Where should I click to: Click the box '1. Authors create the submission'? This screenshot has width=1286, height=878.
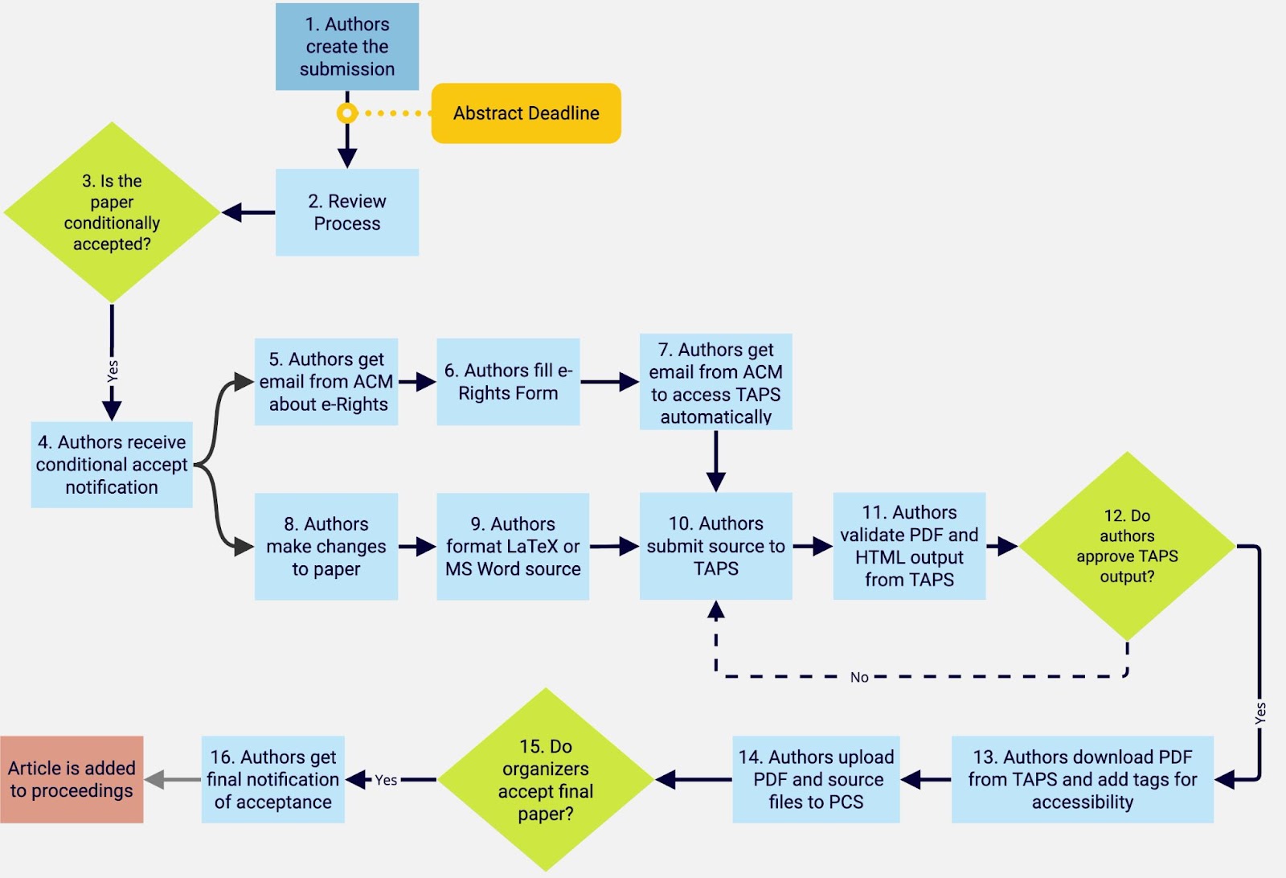(x=346, y=47)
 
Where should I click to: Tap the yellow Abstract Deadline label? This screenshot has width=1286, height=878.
(x=526, y=113)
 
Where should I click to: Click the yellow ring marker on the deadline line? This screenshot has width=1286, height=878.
(x=346, y=113)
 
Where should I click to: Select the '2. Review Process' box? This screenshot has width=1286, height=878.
(x=346, y=212)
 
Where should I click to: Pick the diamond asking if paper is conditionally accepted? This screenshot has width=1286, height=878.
(x=112, y=212)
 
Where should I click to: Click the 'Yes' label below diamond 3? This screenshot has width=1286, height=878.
(x=113, y=371)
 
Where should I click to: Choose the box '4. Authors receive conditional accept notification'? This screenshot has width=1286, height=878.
(x=112, y=465)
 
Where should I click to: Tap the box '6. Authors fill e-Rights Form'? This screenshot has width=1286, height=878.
(x=508, y=382)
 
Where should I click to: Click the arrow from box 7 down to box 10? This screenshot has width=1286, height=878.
(x=716, y=461)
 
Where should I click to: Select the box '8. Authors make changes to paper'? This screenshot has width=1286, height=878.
(x=326, y=546)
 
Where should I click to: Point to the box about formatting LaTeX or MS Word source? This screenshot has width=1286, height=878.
(x=513, y=546)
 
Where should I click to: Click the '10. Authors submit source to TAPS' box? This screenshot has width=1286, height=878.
(x=716, y=546)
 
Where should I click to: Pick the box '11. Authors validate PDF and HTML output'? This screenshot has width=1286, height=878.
(x=909, y=546)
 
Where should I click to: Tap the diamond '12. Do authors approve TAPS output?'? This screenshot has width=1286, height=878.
(x=1127, y=546)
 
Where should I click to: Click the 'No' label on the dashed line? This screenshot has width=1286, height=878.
(x=859, y=678)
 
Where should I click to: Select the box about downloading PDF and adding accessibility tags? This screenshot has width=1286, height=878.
(x=1082, y=779)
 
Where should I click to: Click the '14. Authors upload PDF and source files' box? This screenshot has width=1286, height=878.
(x=816, y=779)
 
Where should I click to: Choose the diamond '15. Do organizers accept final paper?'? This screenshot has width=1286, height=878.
(x=546, y=779)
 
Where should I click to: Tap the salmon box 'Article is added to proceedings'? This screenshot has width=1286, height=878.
(x=72, y=779)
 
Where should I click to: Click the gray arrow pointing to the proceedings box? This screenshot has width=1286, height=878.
(x=172, y=779)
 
